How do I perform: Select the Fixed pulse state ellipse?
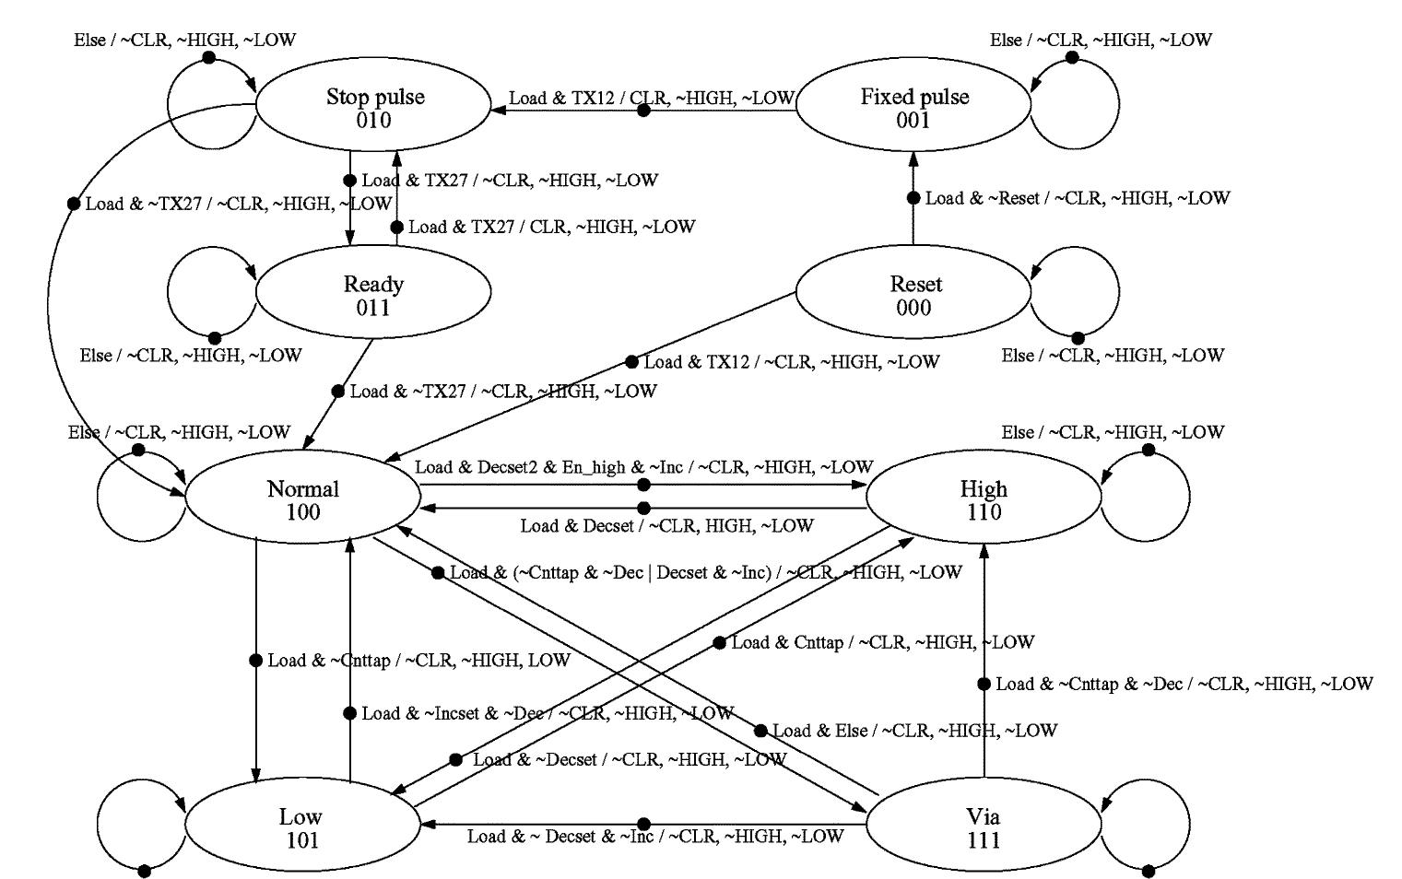913,108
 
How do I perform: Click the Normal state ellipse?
303,498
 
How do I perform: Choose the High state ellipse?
984,498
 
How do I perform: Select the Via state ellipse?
984,826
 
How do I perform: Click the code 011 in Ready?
373,308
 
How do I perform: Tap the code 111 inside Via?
984,840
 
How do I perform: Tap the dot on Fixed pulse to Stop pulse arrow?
644,111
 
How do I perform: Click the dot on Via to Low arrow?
643,824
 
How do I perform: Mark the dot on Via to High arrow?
984,684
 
